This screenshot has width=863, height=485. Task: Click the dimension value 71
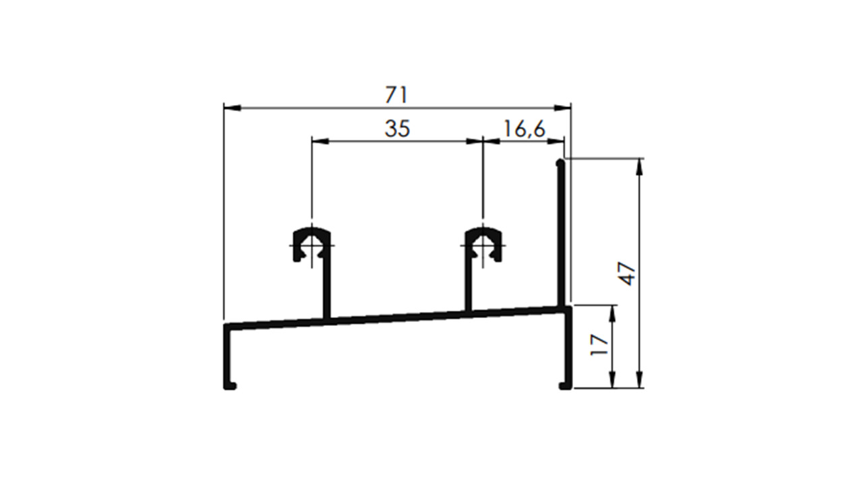click(x=396, y=95)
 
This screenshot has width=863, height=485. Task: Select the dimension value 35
click(x=397, y=129)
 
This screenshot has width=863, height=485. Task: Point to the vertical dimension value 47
click(x=628, y=274)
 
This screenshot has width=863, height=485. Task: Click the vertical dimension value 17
click(x=599, y=346)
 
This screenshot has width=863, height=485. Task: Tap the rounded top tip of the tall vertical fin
click(x=560, y=163)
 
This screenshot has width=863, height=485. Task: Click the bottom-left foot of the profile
click(x=231, y=386)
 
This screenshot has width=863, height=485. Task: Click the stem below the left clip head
click(x=328, y=290)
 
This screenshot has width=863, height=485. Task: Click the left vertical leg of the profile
click(x=227, y=357)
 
